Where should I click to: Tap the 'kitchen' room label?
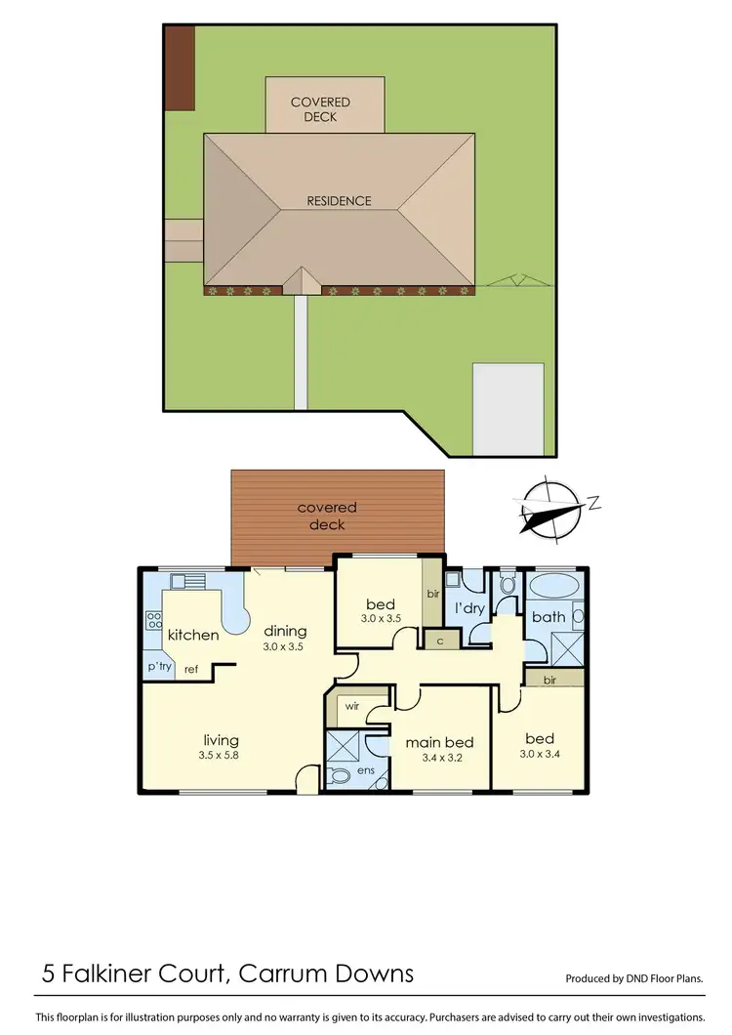[x=193, y=636]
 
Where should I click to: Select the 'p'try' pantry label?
[x=158, y=669]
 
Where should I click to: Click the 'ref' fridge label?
[x=191, y=670]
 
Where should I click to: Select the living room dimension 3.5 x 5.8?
[x=222, y=756]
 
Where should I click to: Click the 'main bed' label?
[x=439, y=743]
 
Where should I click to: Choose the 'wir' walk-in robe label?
[x=348, y=703]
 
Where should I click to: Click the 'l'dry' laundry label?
[x=470, y=608]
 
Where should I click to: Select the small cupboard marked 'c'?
[x=440, y=641]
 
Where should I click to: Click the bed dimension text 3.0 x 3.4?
[x=540, y=754]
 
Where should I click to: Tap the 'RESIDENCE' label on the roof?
[x=340, y=201]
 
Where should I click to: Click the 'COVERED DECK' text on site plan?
[x=320, y=109]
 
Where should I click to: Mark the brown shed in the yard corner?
[x=180, y=67]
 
